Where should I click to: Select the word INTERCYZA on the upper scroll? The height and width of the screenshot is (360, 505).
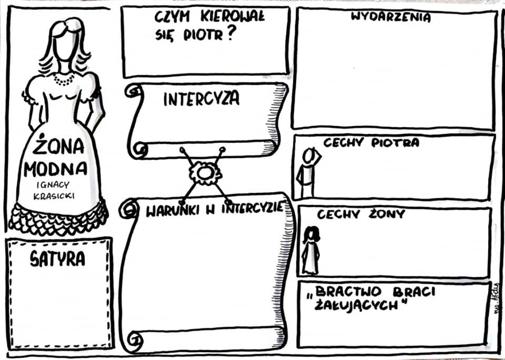201,99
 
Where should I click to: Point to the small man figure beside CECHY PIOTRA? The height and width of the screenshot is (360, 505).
307,172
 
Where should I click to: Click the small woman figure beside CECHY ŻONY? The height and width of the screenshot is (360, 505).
310,250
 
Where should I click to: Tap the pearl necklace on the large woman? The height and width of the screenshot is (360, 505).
63,79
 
